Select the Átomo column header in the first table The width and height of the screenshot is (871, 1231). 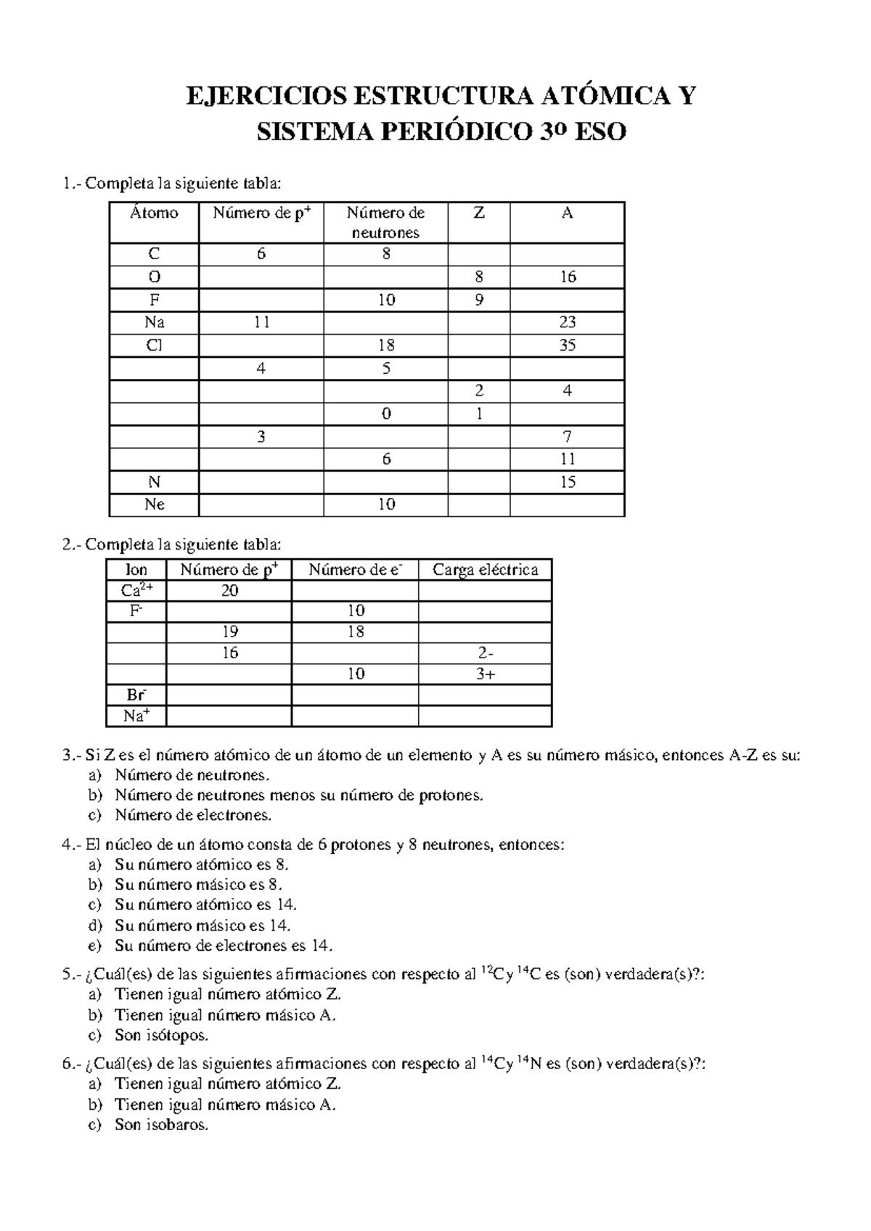154,213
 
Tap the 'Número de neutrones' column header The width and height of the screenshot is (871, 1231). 385,222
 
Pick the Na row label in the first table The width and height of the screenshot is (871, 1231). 154,322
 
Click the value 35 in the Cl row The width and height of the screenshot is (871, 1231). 567,345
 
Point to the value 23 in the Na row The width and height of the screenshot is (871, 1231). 567,322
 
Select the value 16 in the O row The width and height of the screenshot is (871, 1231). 567,277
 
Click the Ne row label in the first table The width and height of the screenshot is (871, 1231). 154,504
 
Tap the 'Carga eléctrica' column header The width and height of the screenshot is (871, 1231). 485,570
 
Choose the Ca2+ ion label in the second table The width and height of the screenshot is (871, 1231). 136,590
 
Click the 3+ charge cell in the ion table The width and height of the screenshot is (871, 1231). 485,674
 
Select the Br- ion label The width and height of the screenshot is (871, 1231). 136,695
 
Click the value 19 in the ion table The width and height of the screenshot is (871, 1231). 229,631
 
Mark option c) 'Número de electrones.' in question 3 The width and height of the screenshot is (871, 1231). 192,815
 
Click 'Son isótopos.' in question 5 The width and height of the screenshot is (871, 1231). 161,1035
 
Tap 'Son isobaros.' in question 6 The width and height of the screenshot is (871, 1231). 161,1125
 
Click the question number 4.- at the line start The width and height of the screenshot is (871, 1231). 73,845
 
